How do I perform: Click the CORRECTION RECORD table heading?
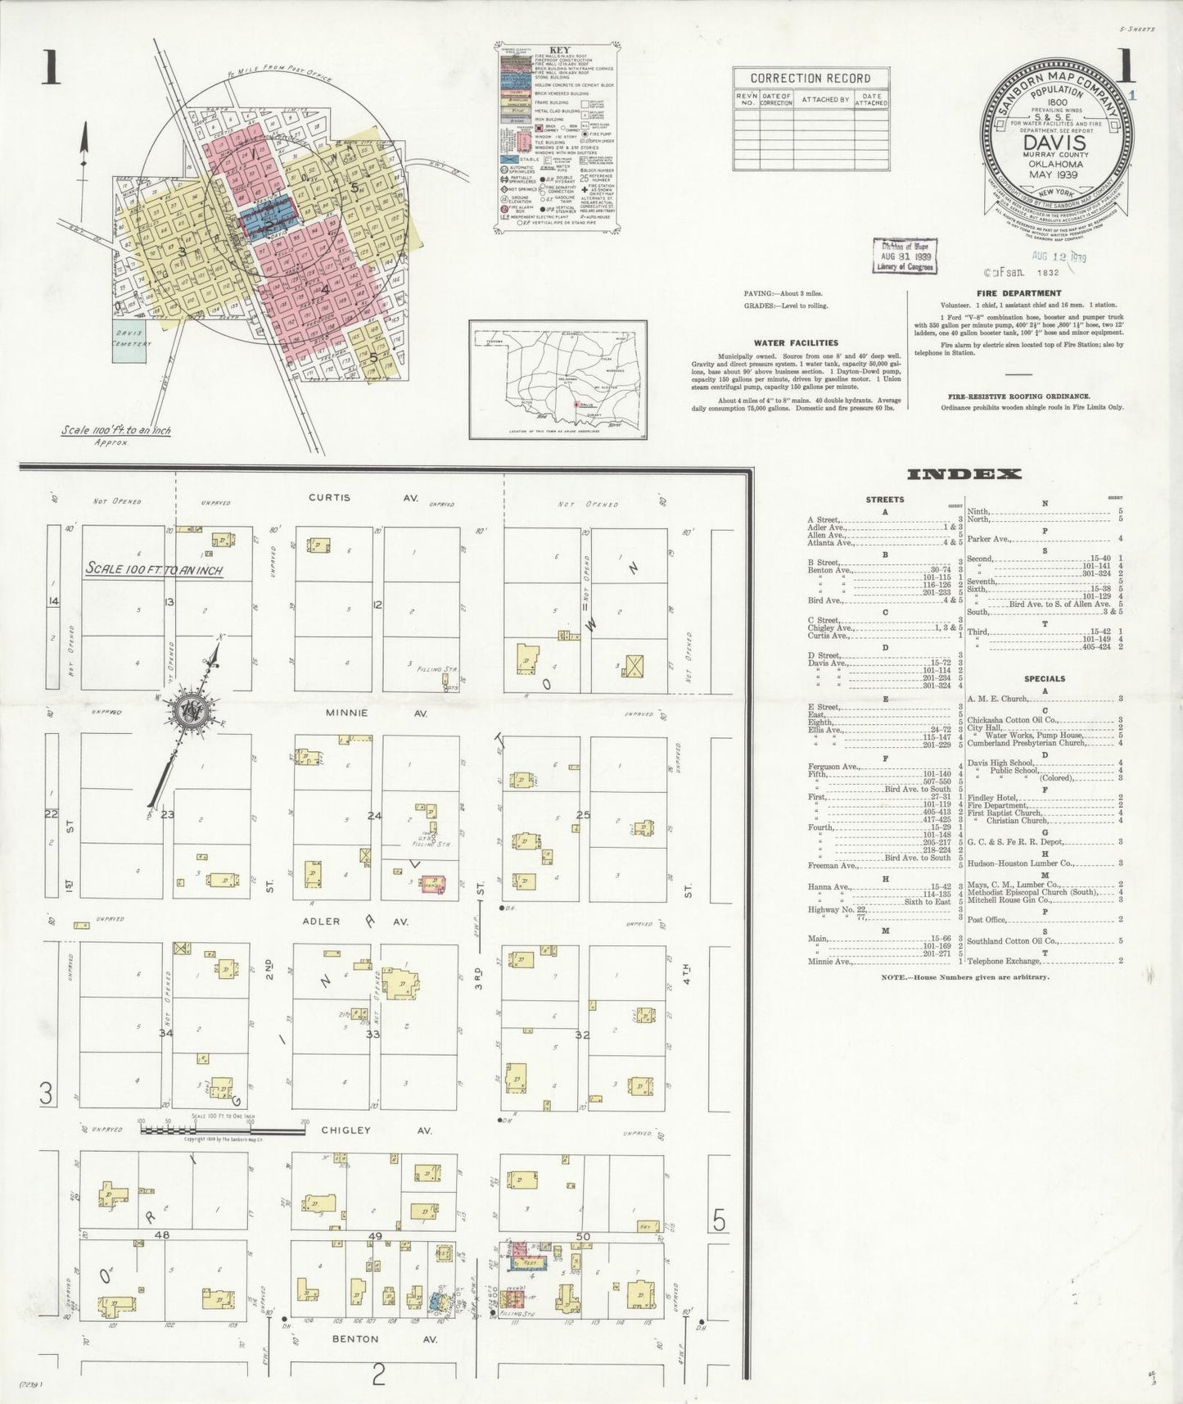coord(810,79)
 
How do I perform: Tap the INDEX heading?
coord(964,474)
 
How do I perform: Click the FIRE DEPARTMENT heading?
coord(1018,293)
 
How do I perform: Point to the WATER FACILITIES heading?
coord(797,343)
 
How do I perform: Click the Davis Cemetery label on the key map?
coord(131,338)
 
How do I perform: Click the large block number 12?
coord(377,605)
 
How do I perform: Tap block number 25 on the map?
coord(583,815)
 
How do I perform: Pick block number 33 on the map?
coord(373,1035)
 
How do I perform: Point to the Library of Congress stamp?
coord(904,256)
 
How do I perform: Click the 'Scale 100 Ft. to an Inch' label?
coord(155,569)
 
